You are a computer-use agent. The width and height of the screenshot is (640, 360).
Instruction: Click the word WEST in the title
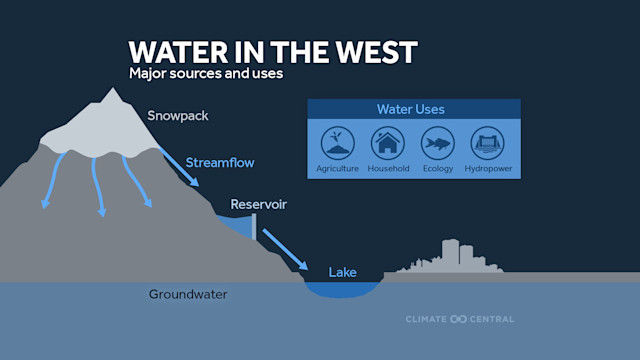point(371,52)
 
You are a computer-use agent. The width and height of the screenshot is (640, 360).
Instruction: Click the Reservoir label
point(259,205)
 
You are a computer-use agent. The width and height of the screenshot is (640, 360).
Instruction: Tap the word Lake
point(342,271)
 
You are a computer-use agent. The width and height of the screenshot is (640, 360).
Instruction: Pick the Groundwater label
point(188,294)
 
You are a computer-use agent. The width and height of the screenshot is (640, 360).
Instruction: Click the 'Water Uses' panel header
point(410,109)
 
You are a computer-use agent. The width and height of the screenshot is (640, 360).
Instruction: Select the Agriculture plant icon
point(337,143)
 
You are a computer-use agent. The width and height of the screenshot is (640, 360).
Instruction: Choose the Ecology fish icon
point(437,143)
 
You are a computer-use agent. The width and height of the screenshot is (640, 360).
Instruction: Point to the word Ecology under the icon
point(437,168)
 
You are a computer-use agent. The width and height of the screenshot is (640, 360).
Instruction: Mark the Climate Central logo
point(459,319)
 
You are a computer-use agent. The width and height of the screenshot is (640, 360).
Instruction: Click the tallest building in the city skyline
point(451,254)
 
